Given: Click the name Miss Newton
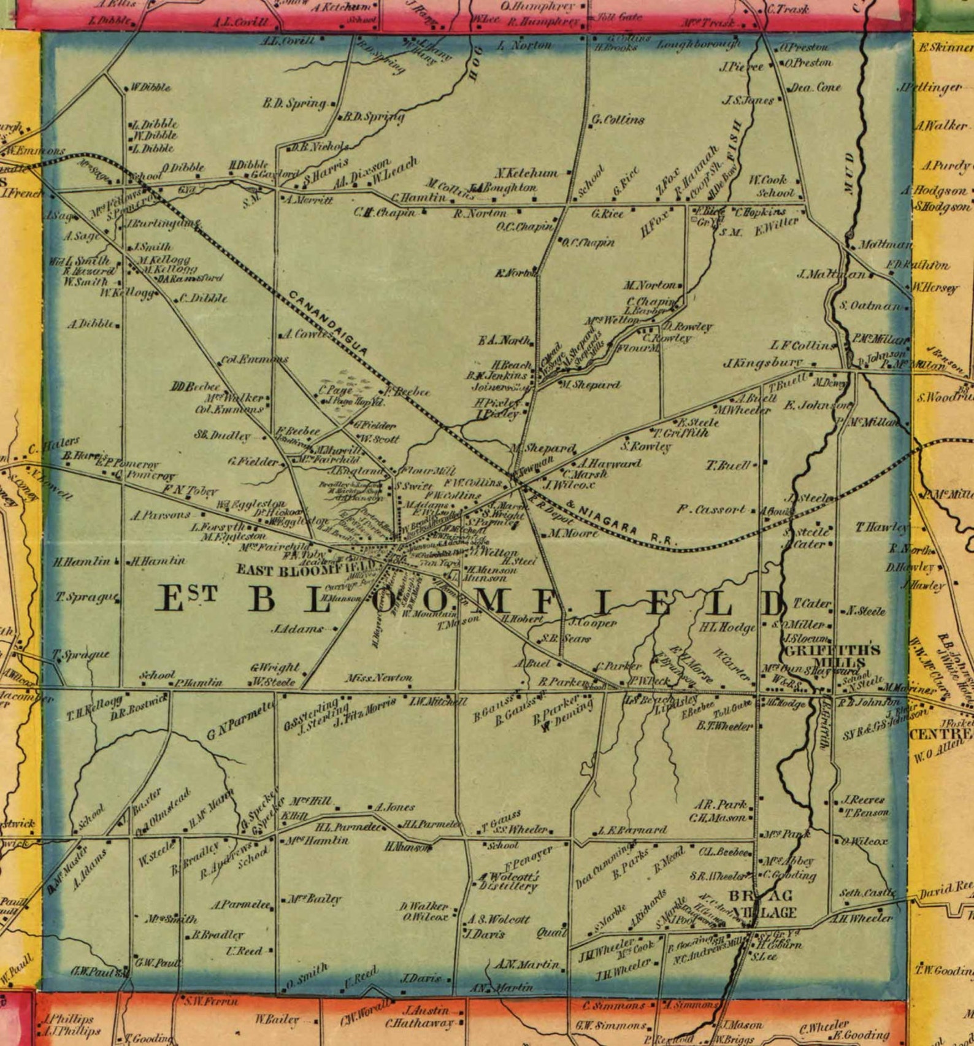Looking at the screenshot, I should coord(379,678).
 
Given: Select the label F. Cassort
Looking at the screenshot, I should coord(711,509).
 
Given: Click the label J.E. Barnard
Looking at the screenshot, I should coord(632,831).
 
